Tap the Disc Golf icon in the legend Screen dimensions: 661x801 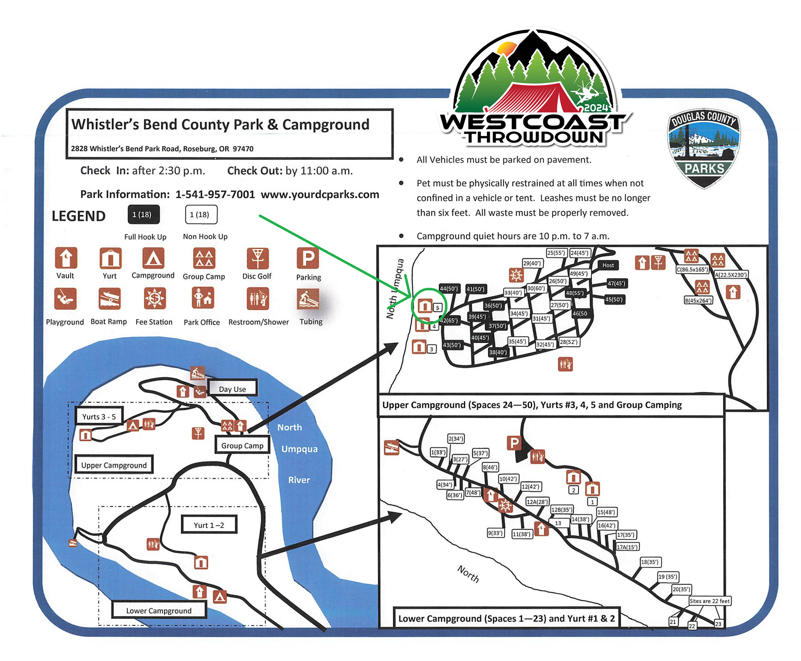[257, 258]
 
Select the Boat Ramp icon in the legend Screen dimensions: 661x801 [109, 298]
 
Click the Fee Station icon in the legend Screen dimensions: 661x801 [154, 298]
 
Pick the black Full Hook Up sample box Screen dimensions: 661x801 [144, 214]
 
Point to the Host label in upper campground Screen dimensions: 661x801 [608, 265]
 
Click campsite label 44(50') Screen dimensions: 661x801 [449, 289]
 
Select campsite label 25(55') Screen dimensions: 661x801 [556, 253]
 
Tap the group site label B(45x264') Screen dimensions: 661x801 [698, 300]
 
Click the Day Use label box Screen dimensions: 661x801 [232, 389]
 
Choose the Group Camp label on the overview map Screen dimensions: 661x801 [242, 445]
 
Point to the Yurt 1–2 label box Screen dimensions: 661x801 [209, 525]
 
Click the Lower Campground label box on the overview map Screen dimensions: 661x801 [159, 611]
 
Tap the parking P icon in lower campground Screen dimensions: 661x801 [514, 443]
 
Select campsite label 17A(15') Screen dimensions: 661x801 [627, 547]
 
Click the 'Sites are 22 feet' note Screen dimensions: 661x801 [709, 601]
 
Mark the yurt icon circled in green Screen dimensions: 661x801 [425, 305]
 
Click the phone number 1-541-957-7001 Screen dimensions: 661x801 [215, 194]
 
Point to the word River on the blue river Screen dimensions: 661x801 [299, 480]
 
